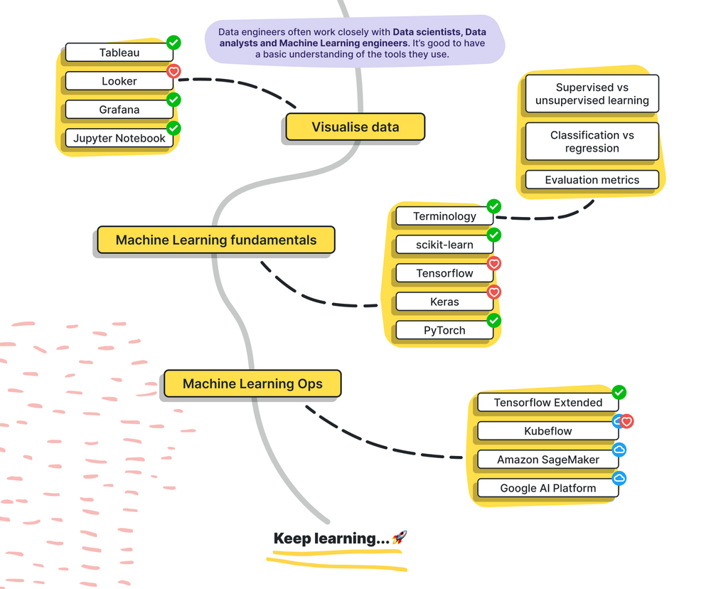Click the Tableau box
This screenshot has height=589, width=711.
[x=119, y=53]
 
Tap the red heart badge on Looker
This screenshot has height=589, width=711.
[x=173, y=71]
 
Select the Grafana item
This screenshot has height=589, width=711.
[x=119, y=110]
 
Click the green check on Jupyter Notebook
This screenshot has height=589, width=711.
[x=173, y=128]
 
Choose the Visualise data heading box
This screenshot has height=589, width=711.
[x=355, y=127]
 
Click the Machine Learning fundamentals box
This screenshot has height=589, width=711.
[x=215, y=240]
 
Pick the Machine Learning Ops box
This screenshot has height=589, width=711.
[x=252, y=383]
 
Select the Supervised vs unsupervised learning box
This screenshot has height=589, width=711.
[x=592, y=94]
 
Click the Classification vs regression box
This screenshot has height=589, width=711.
[x=592, y=142]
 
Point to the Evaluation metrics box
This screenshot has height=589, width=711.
[x=592, y=180]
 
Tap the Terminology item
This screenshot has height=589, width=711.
[x=444, y=216]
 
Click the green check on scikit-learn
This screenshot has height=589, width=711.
[x=494, y=235]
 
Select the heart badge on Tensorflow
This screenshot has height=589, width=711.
[x=494, y=263]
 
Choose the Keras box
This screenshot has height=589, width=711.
[x=444, y=302]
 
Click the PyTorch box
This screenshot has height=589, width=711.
[x=444, y=330]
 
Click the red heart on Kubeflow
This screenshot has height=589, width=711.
[x=626, y=421]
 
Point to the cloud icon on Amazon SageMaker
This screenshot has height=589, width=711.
[x=619, y=450]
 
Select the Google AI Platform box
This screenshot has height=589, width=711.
[x=547, y=488]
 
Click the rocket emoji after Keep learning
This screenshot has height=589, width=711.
[x=399, y=538]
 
